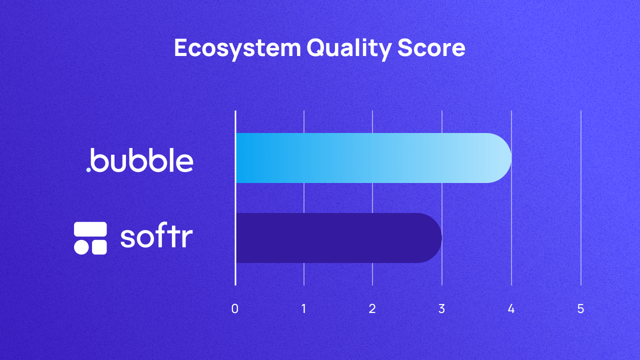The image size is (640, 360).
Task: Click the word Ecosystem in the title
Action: point(237,48)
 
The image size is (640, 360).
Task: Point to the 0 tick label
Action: point(235,309)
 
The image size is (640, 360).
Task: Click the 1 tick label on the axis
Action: point(304,309)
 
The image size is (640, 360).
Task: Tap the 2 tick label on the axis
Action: point(372,309)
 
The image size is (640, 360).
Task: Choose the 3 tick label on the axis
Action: point(441,309)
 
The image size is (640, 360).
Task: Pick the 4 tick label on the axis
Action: point(511,309)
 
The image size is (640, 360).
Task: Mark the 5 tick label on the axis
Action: point(580,309)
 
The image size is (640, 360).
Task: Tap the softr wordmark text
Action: point(156,237)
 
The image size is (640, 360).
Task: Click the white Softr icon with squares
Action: point(90,238)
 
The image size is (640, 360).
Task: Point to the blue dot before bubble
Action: point(88,169)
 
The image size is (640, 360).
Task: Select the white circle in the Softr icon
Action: point(81,247)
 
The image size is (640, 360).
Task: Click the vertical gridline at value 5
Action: point(580,200)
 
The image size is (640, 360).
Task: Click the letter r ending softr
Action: point(187,239)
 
